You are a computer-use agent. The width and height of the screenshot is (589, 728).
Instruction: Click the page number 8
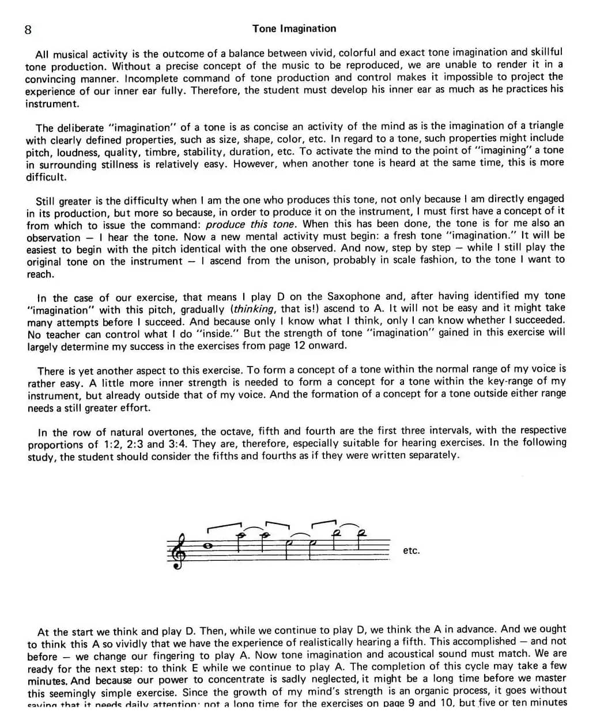click(28, 29)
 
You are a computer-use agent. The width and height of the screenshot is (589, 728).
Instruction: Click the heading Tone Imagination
click(294, 28)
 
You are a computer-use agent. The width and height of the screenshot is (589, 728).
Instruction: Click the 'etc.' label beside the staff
click(411, 550)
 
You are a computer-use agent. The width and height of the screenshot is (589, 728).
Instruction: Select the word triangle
click(543, 126)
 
